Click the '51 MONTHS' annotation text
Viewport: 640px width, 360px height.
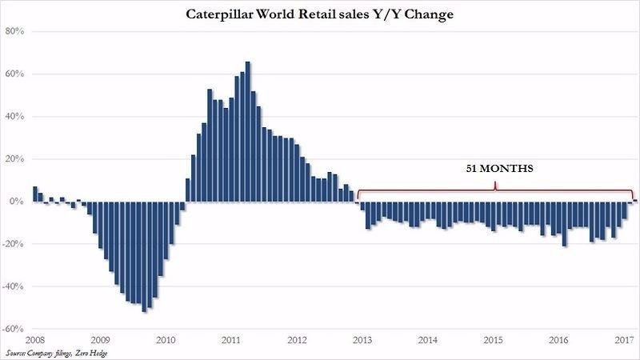pyautogui.click(x=496, y=170)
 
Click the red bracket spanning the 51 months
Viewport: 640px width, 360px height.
pyautogui.click(x=496, y=190)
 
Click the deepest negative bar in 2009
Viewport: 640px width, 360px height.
pyautogui.click(x=144, y=256)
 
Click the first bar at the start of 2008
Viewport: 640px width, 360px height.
pyautogui.click(x=35, y=194)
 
